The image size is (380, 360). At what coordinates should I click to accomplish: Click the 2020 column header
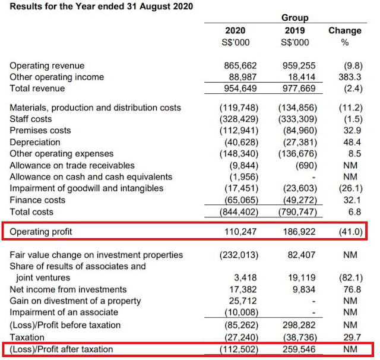coord(235,30)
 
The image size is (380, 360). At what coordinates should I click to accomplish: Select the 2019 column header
coord(294,30)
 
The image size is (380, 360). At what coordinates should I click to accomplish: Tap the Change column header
coord(345,30)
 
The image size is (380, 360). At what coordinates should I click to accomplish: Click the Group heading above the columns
coord(295,18)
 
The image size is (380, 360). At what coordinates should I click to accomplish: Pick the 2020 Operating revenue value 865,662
coord(240,65)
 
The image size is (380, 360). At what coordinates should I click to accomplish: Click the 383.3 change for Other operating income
coord(350,77)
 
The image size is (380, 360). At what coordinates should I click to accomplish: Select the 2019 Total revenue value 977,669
coord(299,89)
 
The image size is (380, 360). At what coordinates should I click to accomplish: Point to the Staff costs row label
coord(31,119)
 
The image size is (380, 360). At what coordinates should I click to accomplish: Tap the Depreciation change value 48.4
coord(352,142)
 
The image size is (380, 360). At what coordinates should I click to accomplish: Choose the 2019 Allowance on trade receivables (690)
coord(306,165)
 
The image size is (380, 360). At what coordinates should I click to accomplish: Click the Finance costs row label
coord(37,200)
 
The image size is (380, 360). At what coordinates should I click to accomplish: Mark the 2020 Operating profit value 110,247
coord(240,232)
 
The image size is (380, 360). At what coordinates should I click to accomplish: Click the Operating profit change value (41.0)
coord(351,232)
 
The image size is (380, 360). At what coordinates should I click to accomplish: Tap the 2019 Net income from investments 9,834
coord(304,289)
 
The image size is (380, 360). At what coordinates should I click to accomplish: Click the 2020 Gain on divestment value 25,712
coord(243,301)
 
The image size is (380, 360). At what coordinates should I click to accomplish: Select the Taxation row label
coord(27,337)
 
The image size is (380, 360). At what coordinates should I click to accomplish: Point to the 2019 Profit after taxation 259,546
coord(299,349)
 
